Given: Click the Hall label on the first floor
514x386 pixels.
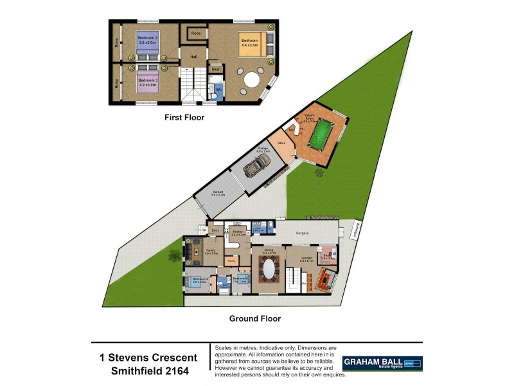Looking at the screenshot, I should (192, 57).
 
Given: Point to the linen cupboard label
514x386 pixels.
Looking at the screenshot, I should (217, 69).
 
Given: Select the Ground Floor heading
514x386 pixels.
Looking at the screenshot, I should (255, 318).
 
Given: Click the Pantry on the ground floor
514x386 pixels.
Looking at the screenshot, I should (231, 261).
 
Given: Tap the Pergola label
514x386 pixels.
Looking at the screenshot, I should (303, 232).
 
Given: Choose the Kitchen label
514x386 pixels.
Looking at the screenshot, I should (238, 234).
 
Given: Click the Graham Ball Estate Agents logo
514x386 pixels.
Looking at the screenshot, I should (382, 363).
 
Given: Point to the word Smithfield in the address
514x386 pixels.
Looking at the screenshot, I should (137, 371).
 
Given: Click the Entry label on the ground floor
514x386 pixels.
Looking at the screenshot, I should (216, 230).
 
